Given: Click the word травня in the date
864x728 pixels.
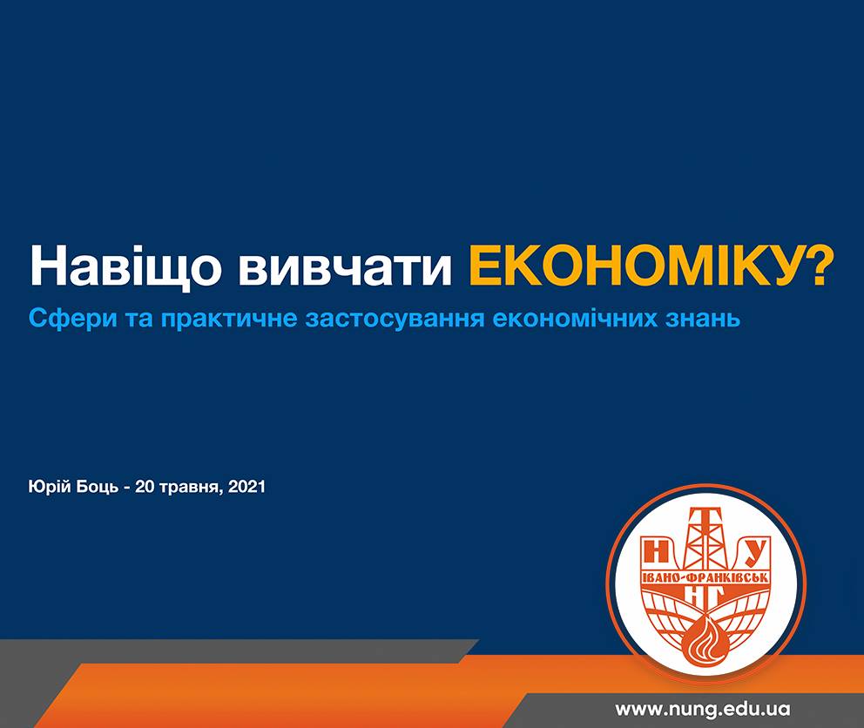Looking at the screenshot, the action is (x=191, y=488).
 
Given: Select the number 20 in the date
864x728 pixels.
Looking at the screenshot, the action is (x=145, y=487).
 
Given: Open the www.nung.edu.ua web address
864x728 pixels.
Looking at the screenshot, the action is (x=703, y=709).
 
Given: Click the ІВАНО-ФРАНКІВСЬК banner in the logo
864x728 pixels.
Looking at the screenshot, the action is (x=705, y=577).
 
